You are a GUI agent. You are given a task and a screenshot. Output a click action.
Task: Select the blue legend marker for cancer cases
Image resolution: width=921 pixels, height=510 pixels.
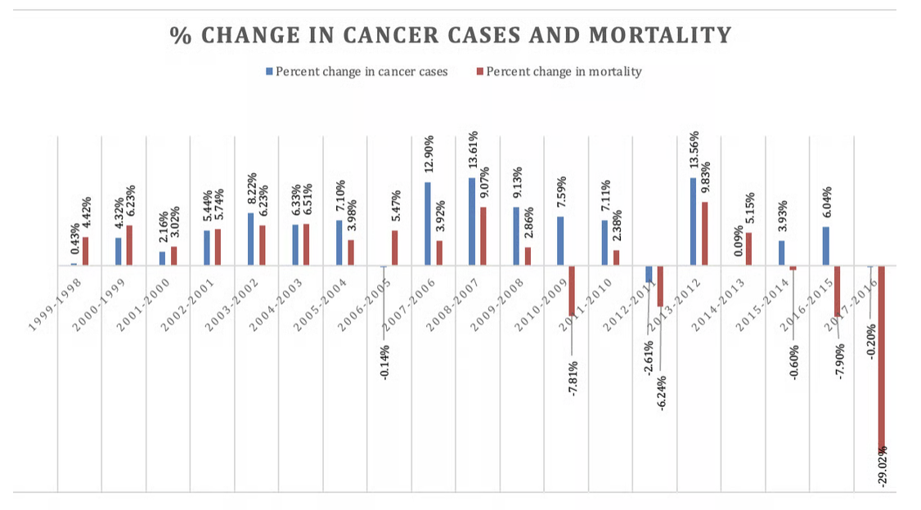pyautogui.click(x=268, y=72)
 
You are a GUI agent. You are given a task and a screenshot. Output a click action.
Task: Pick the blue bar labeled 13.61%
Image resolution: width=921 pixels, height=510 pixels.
pyautogui.click(x=472, y=221)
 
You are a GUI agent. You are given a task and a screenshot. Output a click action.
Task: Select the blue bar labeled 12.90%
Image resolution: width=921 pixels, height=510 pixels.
pyautogui.click(x=428, y=224)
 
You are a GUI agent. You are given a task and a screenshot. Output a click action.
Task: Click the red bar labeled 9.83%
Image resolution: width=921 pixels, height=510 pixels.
pyautogui.click(x=705, y=234)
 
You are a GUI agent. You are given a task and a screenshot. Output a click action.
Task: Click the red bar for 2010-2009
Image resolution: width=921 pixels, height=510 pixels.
pyautogui.click(x=573, y=291)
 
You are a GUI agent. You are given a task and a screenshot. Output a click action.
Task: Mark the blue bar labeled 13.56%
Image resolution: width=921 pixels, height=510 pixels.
pyautogui.click(x=694, y=221)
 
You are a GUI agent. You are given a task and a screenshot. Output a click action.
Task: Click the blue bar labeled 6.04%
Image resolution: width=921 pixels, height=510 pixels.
pyautogui.click(x=826, y=246)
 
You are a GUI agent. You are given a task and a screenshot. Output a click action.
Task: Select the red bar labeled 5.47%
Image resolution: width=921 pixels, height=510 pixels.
pyautogui.click(x=395, y=248)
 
